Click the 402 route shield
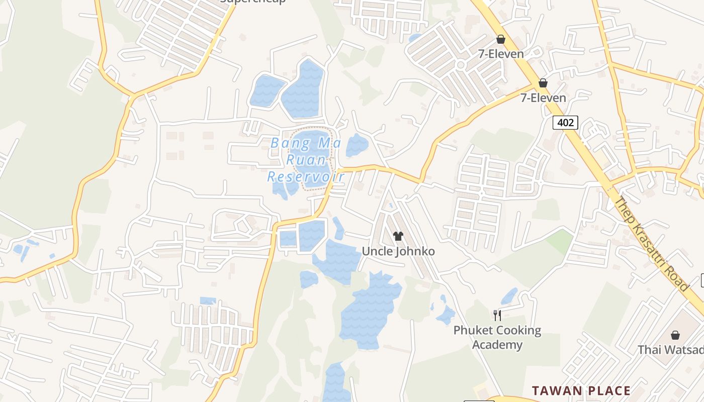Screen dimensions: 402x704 pyautogui.click(x=565, y=122)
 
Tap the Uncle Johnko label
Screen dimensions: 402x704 pyautogui.click(x=398, y=251)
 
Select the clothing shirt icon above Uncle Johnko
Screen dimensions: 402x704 pyautogui.click(x=398, y=236)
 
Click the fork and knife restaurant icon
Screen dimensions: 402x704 pyautogui.click(x=497, y=315)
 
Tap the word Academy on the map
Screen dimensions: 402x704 pyautogui.click(x=497, y=345)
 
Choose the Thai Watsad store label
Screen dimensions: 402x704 pyautogui.click(x=671, y=349)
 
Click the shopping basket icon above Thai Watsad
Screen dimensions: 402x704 pyautogui.click(x=675, y=335)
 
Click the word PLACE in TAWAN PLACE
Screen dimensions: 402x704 pyautogui.click(x=608, y=390)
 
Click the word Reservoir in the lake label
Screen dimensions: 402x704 pyautogui.click(x=306, y=177)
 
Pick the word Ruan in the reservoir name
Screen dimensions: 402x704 pyautogui.click(x=305, y=160)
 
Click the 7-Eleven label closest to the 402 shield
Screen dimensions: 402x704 pyautogui.click(x=543, y=97)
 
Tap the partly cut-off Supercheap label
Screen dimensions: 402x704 pyautogui.click(x=253, y=2)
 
